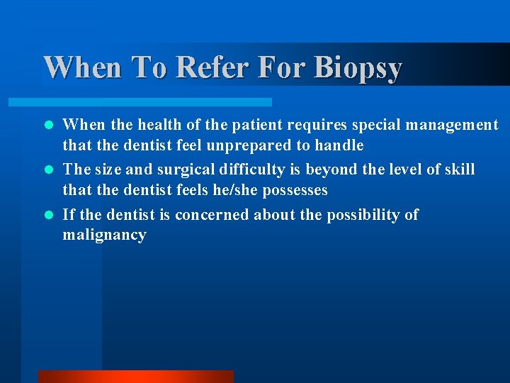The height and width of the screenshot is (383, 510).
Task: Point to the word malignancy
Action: [104, 235]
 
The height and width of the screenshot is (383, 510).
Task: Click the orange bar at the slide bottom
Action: [135, 376]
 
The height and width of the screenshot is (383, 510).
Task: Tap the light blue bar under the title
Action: [157, 102]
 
